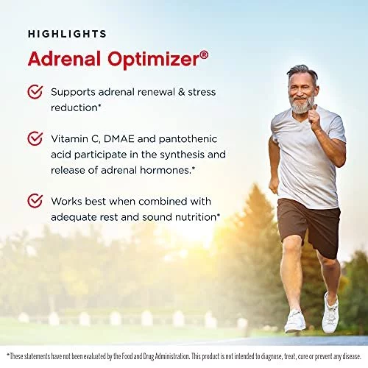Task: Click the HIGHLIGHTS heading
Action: click(x=67, y=34)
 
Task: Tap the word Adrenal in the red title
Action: click(x=64, y=59)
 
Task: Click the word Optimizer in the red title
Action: click(x=154, y=60)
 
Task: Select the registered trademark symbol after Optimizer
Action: click(x=204, y=55)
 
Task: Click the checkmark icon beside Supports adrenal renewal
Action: click(x=35, y=92)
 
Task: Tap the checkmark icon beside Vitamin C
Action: click(x=35, y=138)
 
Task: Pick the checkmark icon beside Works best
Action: click(x=35, y=201)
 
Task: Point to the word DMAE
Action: click(x=118, y=139)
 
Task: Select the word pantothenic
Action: click(x=188, y=139)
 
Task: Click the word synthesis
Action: click(x=180, y=155)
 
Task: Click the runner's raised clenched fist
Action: click(x=314, y=118)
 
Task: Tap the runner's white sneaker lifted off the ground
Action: click(x=330, y=313)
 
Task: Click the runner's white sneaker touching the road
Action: click(x=295, y=322)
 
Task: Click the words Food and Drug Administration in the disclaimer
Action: click(x=150, y=356)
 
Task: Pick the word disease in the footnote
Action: click(x=352, y=356)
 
